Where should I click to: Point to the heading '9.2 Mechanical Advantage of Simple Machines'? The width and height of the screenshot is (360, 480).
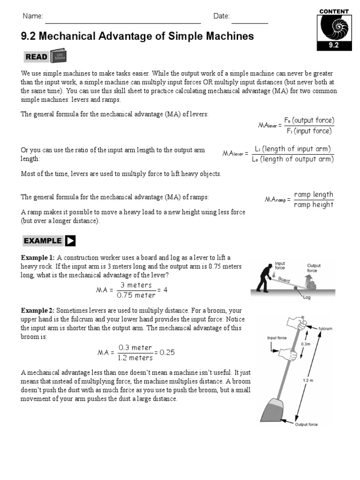pyautogui.click(x=137, y=36)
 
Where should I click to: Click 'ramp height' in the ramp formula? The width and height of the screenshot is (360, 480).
pyautogui.click(x=314, y=205)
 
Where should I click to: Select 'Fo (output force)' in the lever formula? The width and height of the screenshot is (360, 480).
pyautogui.click(x=309, y=120)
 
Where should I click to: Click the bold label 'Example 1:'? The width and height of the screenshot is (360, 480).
pyautogui.click(x=37, y=257)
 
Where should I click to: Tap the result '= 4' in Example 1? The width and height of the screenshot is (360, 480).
pyautogui.click(x=162, y=290)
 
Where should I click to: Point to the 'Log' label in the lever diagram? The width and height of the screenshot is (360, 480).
pyautogui.click(x=307, y=297)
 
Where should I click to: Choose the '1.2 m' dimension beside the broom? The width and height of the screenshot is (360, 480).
pyautogui.click(x=307, y=381)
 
